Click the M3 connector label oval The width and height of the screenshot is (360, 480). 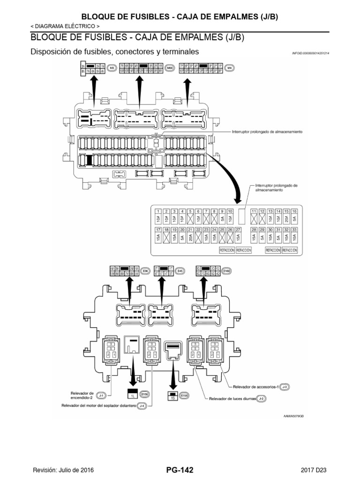pos(112,68)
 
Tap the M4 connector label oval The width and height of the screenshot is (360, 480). pos(229,68)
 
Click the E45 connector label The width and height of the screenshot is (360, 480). pos(180,270)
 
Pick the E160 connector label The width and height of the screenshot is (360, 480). pos(227,270)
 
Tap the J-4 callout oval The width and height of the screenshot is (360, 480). pos(140,405)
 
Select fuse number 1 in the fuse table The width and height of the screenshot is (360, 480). pos(159,212)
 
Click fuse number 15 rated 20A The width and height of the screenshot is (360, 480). pos(286,212)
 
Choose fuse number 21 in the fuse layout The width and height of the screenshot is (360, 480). pos(190,230)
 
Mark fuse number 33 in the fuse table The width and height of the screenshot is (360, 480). pos(294,230)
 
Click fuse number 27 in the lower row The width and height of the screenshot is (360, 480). pos(238,230)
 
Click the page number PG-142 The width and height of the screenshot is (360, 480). pos(180,470)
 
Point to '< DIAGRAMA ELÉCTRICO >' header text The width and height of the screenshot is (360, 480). pos(64,26)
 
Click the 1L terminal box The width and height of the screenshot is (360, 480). pos(133,395)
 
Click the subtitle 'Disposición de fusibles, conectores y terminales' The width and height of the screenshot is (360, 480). pos(114,52)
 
